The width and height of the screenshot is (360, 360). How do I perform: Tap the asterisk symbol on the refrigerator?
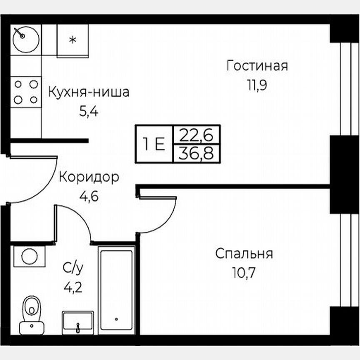[72, 40]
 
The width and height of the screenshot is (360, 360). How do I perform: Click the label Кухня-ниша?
[89, 92]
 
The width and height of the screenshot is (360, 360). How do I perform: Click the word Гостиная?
[257, 66]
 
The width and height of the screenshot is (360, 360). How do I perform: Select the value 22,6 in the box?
[196, 135]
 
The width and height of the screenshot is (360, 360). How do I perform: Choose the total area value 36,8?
[196, 154]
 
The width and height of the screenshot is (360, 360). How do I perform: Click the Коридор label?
[89, 177]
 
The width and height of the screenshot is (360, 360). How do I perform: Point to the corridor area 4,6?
[89, 196]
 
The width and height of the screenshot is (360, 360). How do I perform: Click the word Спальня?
[244, 253]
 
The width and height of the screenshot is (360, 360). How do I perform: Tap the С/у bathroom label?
[73, 268]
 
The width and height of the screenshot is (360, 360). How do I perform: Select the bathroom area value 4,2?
[73, 287]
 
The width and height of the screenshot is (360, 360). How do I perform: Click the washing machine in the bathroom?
[29, 256]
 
